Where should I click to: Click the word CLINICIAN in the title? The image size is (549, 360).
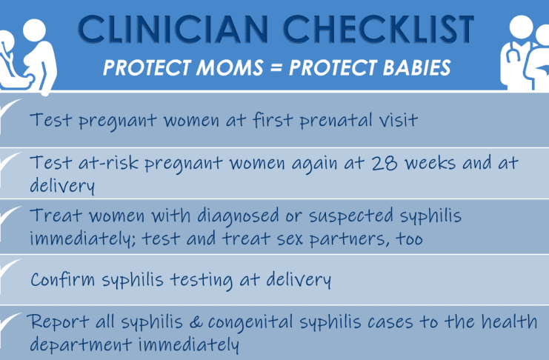[173, 29]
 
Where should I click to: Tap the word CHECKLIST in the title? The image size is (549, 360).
[379, 29]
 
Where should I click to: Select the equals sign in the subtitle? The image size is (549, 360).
[276, 67]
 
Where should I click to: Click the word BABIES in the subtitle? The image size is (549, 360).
[416, 67]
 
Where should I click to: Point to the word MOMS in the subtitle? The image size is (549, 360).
[230, 67]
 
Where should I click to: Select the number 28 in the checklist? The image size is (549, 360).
[384, 163]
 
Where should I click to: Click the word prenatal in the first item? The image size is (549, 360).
[336, 120]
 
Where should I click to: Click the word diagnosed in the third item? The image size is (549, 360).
[238, 216]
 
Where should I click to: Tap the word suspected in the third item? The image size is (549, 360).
[351, 216]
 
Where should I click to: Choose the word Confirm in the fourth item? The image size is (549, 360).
[63, 279]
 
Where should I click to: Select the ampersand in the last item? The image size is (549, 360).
[196, 321]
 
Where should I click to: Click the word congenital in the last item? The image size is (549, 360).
[250, 322]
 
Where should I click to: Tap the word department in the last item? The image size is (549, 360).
[81, 344]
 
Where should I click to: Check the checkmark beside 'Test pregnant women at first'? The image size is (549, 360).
[10, 111]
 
